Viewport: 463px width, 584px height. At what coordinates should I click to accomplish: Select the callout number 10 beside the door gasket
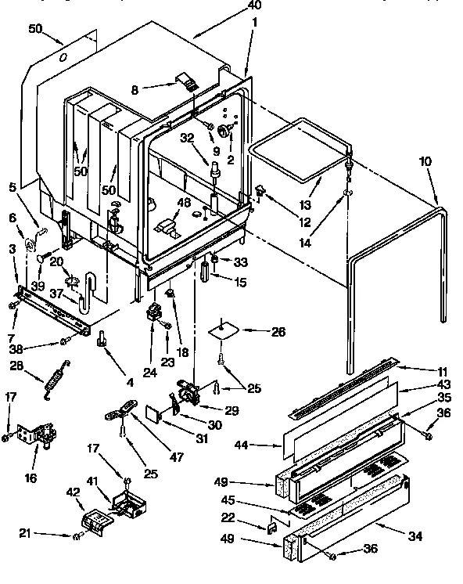425,162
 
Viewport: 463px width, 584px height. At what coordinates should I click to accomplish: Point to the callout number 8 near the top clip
135,89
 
